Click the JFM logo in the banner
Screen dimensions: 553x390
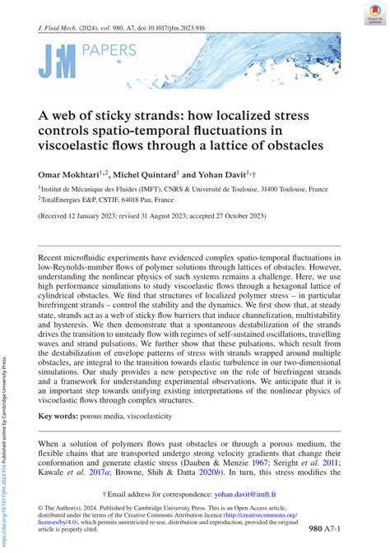coord(57,62)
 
